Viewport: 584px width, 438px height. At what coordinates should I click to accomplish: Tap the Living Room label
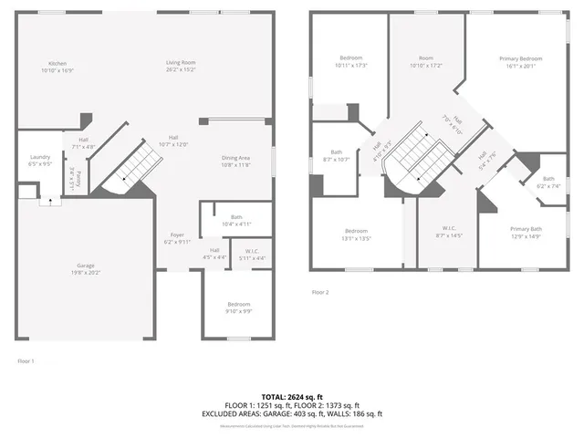click(181, 66)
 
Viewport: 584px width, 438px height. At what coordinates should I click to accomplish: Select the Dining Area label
click(235, 162)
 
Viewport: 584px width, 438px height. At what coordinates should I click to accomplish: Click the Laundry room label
click(39, 161)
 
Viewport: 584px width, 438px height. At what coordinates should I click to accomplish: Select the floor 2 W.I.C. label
click(450, 232)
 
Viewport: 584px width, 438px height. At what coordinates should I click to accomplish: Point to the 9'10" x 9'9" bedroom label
click(238, 308)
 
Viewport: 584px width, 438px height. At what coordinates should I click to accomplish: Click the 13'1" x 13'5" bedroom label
click(356, 235)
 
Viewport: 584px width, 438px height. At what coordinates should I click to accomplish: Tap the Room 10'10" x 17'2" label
click(426, 62)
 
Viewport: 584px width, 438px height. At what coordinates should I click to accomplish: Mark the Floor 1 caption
click(26, 361)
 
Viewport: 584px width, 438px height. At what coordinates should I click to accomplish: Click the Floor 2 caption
click(320, 292)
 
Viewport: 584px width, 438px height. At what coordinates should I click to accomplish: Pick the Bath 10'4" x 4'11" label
click(235, 221)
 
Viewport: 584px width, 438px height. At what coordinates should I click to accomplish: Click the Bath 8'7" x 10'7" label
click(337, 156)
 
